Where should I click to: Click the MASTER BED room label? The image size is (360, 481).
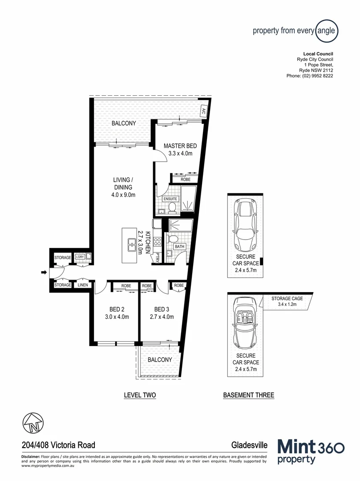point(180,146)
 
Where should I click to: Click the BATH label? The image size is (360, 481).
point(179,246)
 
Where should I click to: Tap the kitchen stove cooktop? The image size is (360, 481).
point(157,242)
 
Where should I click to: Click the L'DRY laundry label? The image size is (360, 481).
point(80,257)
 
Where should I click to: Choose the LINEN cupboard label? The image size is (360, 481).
point(82,285)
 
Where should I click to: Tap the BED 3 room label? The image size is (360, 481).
point(162,310)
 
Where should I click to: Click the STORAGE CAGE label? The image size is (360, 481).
point(287,298)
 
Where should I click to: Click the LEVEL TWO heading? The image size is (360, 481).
point(140,395)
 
